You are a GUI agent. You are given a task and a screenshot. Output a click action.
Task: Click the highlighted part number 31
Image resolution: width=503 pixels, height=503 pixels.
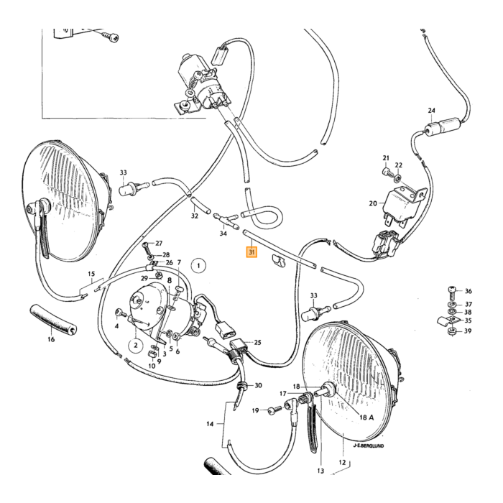(x=251, y=252)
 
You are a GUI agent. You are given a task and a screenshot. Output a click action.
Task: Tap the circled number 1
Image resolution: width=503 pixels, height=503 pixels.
(x=198, y=266)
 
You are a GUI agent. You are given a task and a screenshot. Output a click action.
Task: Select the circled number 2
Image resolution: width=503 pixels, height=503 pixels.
(x=136, y=345)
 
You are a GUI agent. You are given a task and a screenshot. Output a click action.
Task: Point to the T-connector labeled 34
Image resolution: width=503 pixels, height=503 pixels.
(x=226, y=220)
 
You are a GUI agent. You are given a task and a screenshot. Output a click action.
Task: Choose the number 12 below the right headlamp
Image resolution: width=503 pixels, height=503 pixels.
(x=342, y=462)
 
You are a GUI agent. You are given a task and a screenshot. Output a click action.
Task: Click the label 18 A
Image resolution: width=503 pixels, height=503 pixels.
(x=366, y=417)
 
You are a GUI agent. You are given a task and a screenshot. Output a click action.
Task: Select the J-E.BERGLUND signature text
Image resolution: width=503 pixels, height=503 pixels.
(x=369, y=446)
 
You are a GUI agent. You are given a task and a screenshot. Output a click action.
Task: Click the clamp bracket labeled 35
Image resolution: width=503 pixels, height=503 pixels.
(x=448, y=320)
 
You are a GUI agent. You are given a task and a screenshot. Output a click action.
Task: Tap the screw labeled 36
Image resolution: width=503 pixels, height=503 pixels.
(x=451, y=290)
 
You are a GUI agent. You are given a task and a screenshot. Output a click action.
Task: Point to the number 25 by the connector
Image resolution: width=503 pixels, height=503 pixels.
(x=257, y=343)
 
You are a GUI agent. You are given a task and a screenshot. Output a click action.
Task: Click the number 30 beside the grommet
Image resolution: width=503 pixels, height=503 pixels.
(x=258, y=385)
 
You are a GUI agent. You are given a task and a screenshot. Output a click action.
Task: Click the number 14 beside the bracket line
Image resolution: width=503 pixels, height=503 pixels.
(x=210, y=424)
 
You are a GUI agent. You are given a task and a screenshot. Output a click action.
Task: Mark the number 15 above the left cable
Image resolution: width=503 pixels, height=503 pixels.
(x=91, y=274)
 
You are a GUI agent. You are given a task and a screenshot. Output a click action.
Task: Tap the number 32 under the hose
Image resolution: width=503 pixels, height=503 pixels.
(x=195, y=216)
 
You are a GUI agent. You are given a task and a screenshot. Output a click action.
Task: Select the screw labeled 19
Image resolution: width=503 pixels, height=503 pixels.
(x=274, y=410)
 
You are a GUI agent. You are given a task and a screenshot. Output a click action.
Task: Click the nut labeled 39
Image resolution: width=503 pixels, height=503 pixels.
(x=452, y=331)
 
